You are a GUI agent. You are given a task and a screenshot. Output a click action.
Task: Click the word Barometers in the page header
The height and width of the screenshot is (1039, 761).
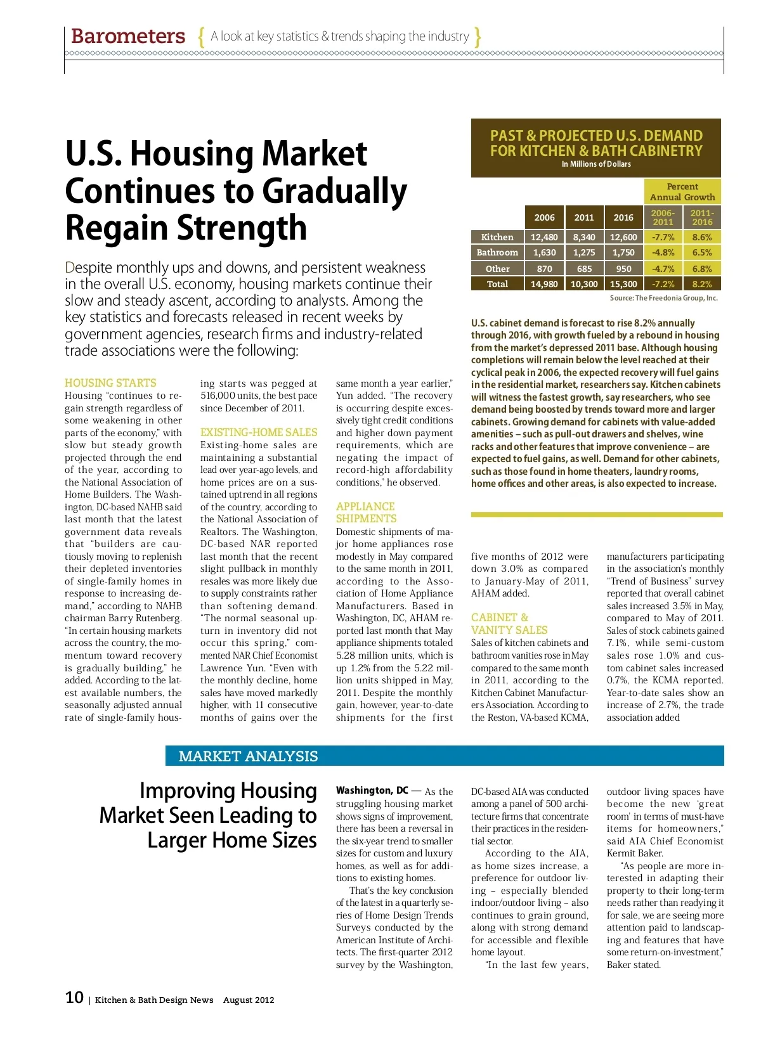pos(128,36)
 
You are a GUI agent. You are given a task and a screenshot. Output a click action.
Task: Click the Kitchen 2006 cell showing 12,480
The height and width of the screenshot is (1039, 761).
pos(544,237)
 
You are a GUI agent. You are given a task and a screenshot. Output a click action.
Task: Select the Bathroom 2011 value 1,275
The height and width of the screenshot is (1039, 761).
pos(584,252)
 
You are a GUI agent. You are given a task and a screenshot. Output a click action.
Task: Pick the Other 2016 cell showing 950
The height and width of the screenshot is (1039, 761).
pos(623,269)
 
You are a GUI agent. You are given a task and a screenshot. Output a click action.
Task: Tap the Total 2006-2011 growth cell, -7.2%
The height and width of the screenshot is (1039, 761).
pos(663,284)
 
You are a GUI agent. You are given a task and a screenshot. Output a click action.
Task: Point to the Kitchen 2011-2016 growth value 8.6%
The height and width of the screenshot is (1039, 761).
pos(702,237)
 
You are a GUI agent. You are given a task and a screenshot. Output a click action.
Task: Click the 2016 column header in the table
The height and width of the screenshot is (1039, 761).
pos(623,217)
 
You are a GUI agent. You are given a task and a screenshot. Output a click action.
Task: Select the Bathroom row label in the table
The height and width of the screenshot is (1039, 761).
pos(497,252)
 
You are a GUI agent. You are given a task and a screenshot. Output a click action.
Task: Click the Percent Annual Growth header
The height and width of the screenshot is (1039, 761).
pos(682,191)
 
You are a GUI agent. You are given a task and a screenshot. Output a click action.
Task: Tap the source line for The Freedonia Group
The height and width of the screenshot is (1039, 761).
pos(663,298)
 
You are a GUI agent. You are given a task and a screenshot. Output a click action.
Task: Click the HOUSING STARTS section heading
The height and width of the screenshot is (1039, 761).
pos(110,383)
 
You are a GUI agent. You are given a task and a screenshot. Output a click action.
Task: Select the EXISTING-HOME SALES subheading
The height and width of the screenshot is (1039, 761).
pos(259,432)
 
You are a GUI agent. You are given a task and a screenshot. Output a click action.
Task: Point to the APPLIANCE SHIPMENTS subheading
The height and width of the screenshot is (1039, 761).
pos(366,512)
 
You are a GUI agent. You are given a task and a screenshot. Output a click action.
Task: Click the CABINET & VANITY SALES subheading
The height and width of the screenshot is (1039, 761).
pos(509,624)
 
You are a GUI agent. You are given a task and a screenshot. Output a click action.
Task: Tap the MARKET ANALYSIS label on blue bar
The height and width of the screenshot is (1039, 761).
pos(248,756)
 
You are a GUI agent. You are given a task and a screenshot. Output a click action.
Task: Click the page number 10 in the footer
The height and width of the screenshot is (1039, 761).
pos(74,998)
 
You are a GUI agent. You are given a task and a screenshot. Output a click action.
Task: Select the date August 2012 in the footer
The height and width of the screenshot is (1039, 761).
pos(249,1000)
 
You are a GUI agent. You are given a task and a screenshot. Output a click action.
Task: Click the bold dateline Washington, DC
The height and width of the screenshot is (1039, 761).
pos(372,791)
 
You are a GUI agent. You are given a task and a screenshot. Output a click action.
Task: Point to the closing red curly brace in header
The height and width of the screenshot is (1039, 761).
pos(478,36)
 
